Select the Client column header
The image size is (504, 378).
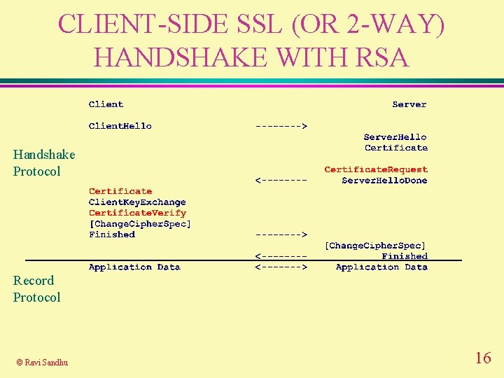tap(106, 104)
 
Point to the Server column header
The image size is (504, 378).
tap(409, 104)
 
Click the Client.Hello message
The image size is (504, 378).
tap(120, 126)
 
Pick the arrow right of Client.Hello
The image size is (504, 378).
tap(281, 126)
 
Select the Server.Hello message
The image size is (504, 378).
tap(395, 137)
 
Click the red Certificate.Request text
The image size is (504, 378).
tap(376, 169)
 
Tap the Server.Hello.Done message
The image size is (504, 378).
tap(384, 181)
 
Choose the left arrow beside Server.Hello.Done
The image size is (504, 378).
tap(281, 181)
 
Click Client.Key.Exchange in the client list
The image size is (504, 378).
tap(137, 202)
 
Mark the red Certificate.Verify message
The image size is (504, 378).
tap(137, 213)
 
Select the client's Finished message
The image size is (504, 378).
tap(112, 234)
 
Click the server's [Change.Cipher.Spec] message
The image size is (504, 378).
tap(376, 246)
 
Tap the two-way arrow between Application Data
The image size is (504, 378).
tap(281, 267)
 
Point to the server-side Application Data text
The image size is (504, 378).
tap(381, 267)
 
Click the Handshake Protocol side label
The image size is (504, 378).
tap(43, 163)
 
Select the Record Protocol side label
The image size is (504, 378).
tap(36, 289)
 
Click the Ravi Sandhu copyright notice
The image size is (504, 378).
tap(42, 362)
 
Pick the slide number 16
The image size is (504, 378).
tap(483, 358)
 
